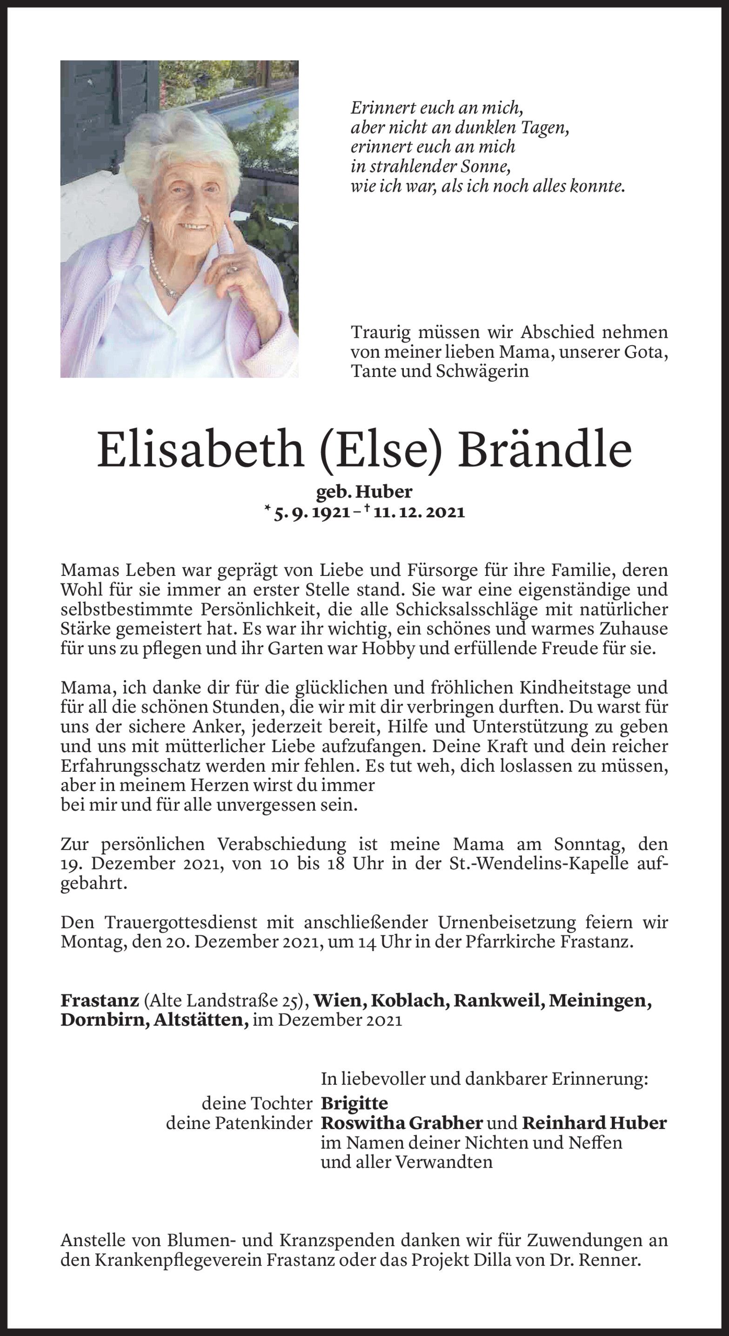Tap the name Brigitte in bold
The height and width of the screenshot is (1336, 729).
tap(354, 1102)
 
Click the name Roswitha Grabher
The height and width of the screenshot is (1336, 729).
tap(402, 1123)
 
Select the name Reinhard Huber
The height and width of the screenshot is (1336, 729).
tap(594, 1123)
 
